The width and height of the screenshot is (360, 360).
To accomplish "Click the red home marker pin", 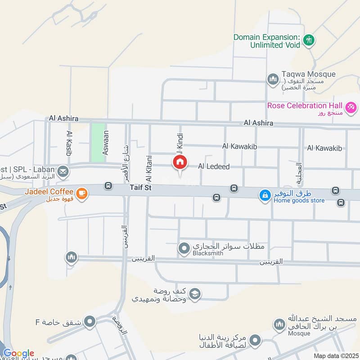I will (x=180, y=162).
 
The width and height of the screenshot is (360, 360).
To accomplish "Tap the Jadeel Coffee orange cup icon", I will (x=82, y=193).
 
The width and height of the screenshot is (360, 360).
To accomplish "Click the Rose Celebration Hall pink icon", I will (x=351, y=107).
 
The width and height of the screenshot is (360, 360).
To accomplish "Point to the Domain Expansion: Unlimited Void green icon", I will (x=308, y=40).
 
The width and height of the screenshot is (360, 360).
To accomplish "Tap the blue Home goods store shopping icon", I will (x=265, y=195).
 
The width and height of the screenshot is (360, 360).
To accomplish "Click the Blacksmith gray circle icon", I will (x=184, y=248).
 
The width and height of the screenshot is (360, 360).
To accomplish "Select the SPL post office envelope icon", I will (x=63, y=171).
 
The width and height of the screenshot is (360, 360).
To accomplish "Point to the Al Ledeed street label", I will (x=214, y=166).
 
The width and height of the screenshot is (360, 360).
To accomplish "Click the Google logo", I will (x=18, y=353).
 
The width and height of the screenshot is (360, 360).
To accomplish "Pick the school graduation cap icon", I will (x=194, y=295).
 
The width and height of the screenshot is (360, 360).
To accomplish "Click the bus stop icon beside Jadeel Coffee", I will (x=108, y=185).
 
